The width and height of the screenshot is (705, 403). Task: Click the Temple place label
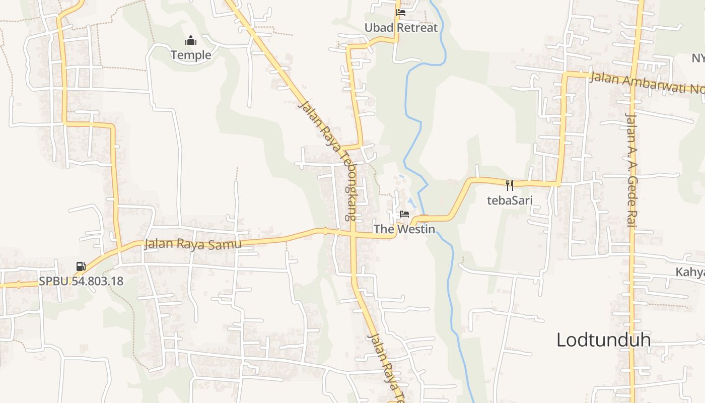(x=191, y=55)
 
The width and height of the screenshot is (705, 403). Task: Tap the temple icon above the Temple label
(x=191, y=40)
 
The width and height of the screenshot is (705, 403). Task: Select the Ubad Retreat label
(x=401, y=28)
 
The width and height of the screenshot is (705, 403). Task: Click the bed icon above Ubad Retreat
(x=401, y=13)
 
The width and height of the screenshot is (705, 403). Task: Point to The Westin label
(x=404, y=229)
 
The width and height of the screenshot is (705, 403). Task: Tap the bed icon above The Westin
(x=404, y=214)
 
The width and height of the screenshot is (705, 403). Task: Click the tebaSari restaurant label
(x=510, y=200)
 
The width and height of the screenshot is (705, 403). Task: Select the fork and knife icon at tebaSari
(x=510, y=185)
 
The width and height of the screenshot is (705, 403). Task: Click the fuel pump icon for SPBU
(x=81, y=266)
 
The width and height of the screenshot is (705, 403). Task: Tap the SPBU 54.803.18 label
(x=81, y=281)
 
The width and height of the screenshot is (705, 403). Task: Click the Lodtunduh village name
(x=603, y=340)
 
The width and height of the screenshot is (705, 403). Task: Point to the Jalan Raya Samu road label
(x=193, y=244)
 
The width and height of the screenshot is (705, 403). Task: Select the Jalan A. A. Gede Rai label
(x=631, y=170)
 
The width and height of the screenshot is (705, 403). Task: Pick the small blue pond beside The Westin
(x=412, y=203)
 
